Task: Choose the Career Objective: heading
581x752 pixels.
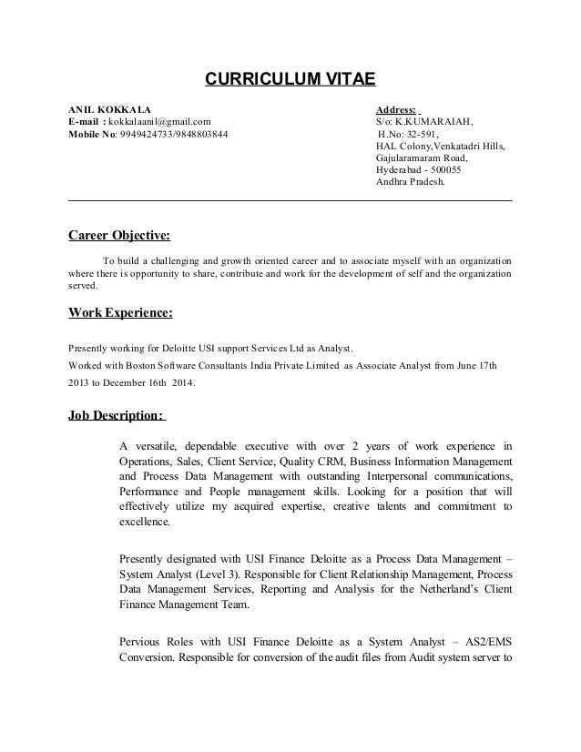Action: (x=119, y=235)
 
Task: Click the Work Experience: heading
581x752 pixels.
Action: (x=120, y=314)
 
